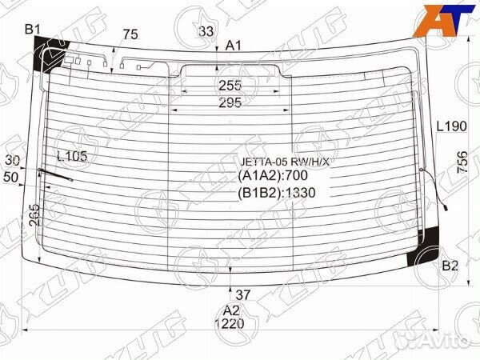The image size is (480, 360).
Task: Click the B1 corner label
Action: pyautogui.click(x=32, y=30)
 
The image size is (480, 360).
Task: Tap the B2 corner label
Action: pyautogui.click(x=450, y=266)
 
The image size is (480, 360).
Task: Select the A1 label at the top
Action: pyautogui.click(x=233, y=46)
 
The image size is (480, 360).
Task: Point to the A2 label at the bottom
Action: pyautogui.click(x=231, y=310)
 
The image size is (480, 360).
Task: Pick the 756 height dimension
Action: pyautogui.click(x=462, y=165)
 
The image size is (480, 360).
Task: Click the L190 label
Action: pyautogui.click(x=451, y=126)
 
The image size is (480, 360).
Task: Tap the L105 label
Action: pyautogui.click(x=72, y=157)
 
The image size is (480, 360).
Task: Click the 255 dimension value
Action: pyautogui.click(x=230, y=85)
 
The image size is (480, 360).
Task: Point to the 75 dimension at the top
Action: pyautogui.click(x=131, y=34)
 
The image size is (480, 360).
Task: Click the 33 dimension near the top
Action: pyautogui.click(x=206, y=31)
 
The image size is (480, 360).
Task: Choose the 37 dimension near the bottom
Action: pyautogui.click(x=243, y=294)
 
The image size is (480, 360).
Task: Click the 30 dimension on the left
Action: pyautogui.click(x=11, y=160)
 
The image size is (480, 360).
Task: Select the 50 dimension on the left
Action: pyautogui.click(x=11, y=176)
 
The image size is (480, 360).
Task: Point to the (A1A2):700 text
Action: pyautogui.click(x=273, y=176)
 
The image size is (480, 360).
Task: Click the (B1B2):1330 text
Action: pyautogui.click(x=277, y=192)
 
